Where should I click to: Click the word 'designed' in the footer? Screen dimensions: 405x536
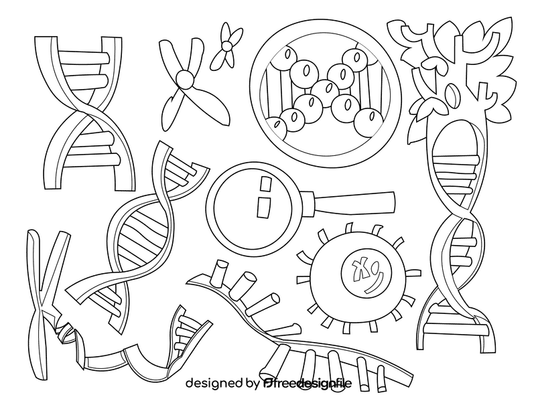point(214,384)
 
